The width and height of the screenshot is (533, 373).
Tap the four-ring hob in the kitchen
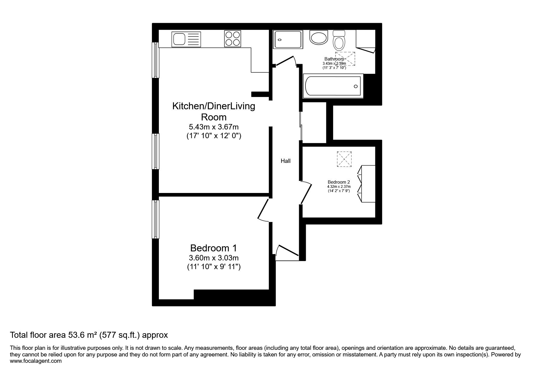coord(232,39)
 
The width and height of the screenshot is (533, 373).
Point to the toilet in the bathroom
coord(339,41)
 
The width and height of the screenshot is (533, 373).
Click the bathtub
coord(333,86)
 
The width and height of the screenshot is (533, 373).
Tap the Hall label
coord(286,161)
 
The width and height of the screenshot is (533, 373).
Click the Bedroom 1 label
coord(214,248)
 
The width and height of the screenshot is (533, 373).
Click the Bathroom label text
coord(334,59)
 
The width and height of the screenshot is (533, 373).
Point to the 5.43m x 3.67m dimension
coord(214,127)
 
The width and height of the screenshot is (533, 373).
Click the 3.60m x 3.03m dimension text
coord(214,258)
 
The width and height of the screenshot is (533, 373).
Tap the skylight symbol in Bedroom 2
coord(344,159)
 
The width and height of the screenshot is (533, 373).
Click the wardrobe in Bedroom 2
coord(366,184)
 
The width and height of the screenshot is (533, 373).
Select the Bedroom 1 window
coord(156,219)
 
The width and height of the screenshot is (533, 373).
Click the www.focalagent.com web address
coord(36,361)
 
